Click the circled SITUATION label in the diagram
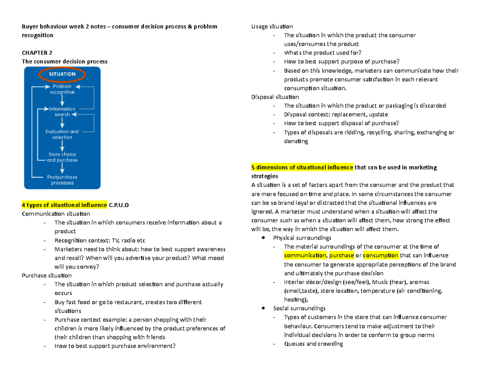[x=62, y=74]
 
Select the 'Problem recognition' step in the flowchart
[x=62, y=89]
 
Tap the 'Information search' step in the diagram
[x=62, y=112]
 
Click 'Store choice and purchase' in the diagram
[x=62, y=157]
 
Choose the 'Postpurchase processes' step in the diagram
[x=62, y=180]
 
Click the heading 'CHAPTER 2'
[x=37, y=53]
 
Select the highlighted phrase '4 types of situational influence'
[x=64, y=205]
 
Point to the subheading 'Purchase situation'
[x=46, y=275]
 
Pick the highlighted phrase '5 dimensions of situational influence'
[x=302, y=167]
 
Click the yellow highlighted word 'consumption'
[x=380, y=255]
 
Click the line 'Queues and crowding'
[x=313, y=344]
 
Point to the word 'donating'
[x=296, y=141]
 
